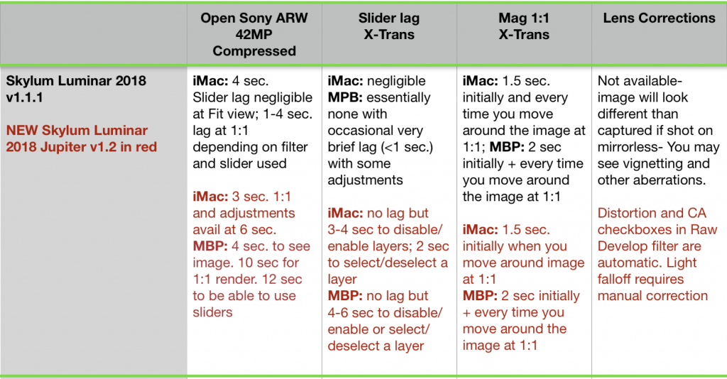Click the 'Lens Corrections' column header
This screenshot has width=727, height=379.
[x=659, y=18]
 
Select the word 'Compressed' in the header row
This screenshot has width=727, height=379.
[x=254, y=51]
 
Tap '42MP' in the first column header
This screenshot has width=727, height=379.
[x=254, y=34]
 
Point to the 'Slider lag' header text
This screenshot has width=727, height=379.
[x=389, y=18]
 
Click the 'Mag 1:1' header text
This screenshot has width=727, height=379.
[x=524, y=18]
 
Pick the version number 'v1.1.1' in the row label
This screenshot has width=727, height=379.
[x=25, y=97]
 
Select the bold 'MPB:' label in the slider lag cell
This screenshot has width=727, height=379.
[x=345, y=97]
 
